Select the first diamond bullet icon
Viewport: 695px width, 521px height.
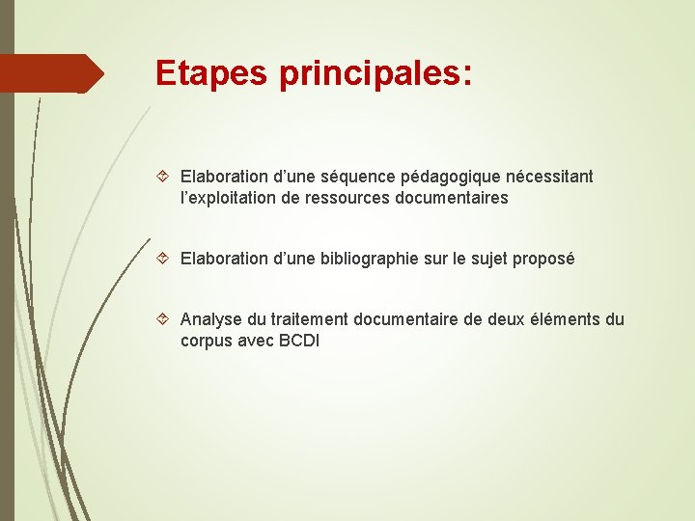[x=163, y=177]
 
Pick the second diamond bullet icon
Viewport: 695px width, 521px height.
[x=163, y=259]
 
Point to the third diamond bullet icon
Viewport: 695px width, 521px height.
[x=163, y=319]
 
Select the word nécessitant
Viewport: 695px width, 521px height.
[x=548, y=177]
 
